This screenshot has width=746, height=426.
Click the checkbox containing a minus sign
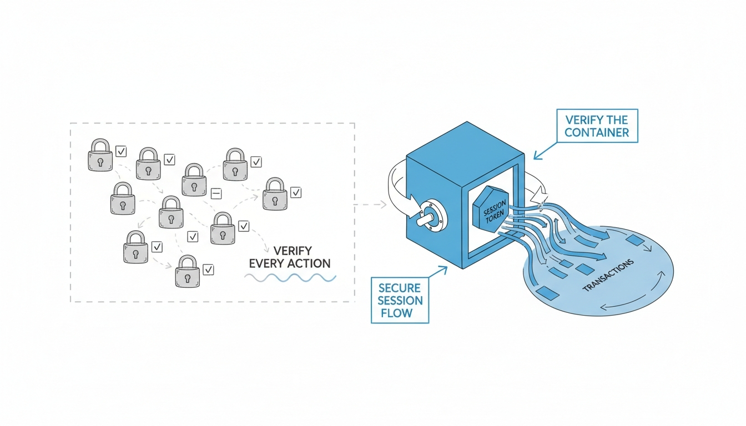tap(216, 193)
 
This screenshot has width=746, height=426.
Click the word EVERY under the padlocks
tap(269, 263)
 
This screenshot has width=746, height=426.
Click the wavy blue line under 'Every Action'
tap(290, 277)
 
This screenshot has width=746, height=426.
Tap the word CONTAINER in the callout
tap(597, 133)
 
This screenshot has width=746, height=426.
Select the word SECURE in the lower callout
tap(400, 288)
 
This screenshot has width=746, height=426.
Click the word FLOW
tap(396, 313)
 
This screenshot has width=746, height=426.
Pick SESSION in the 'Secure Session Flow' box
tap(400, 301)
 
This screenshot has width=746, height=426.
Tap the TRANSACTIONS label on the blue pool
tap(608, 276)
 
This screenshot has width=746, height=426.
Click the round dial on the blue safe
tap(429, 218)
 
